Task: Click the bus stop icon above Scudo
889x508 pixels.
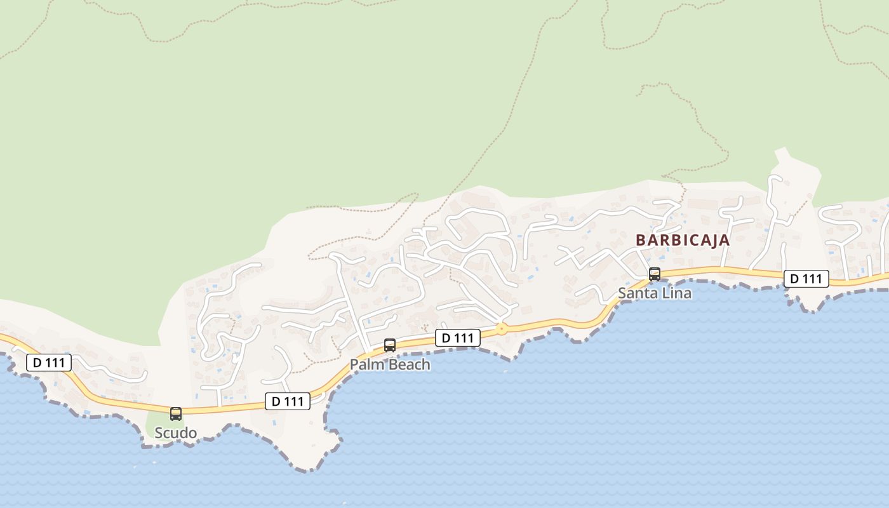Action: (176, 414)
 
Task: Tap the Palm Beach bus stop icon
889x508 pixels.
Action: (390, 345)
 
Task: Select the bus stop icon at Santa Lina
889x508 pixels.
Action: (654, 274)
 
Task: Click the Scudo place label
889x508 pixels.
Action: (176, 433)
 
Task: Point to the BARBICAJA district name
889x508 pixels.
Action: (683, 241)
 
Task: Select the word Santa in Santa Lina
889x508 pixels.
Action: (638, 293)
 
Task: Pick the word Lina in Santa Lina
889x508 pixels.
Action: (676, 293)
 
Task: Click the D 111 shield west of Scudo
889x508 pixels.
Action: (49, 363)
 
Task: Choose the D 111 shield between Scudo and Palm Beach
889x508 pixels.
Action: (288, 401)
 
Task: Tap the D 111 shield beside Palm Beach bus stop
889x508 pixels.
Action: (458, 338)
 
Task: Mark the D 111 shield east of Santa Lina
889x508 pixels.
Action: (806, 279)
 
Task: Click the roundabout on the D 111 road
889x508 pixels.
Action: (502, 329)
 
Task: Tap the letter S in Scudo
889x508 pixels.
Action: (159, 433)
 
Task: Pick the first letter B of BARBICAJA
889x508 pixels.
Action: (641, 241)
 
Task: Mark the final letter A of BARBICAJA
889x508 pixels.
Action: (724, 241)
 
